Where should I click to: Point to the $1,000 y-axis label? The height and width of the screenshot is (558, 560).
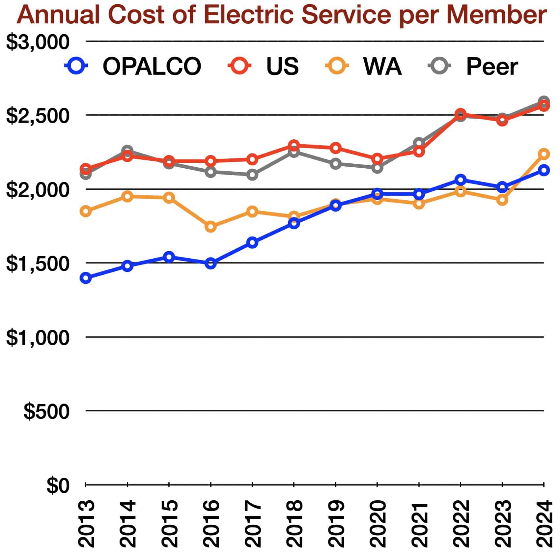tap(38, 338)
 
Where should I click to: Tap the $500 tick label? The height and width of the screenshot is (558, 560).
tap(46, 411)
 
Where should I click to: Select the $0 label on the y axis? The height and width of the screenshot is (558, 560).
tap(58, 486)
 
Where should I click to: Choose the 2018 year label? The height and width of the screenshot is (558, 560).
tap(294, 524)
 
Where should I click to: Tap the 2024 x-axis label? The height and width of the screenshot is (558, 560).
tap(544, 524)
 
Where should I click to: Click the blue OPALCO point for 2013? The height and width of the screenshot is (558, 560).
tap(86, 278)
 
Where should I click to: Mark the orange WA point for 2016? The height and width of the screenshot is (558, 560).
tap(211, 227)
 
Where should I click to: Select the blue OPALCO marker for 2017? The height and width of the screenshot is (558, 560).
tap(252, 243)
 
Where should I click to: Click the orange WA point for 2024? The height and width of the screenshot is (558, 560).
tap(544, 154)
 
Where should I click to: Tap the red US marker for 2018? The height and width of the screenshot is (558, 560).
tap(294, 145)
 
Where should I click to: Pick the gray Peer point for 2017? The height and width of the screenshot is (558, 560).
tap(252, 175)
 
